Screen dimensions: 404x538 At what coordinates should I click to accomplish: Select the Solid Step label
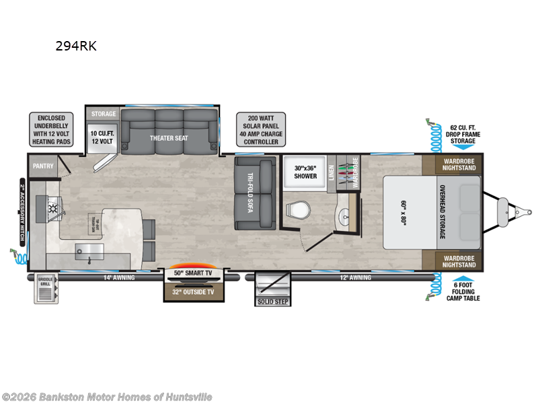[272, 300]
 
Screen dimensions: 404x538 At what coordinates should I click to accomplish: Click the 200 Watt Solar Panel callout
[260, 129]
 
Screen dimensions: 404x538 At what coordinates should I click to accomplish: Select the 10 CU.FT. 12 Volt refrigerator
[102, 137]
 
